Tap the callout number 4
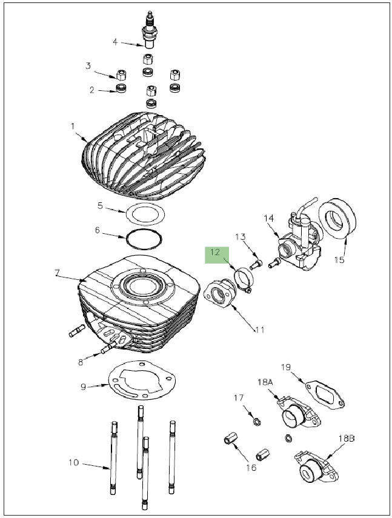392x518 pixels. click(114, 42)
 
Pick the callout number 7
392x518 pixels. click(57, 273)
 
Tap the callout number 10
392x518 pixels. click(73, 463)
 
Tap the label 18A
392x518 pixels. click(265, 383)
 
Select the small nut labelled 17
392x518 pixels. click(256, 420)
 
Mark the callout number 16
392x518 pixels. click(250, 467)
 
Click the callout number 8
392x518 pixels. click(81, 362)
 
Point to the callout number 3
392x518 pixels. click(88, 65)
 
